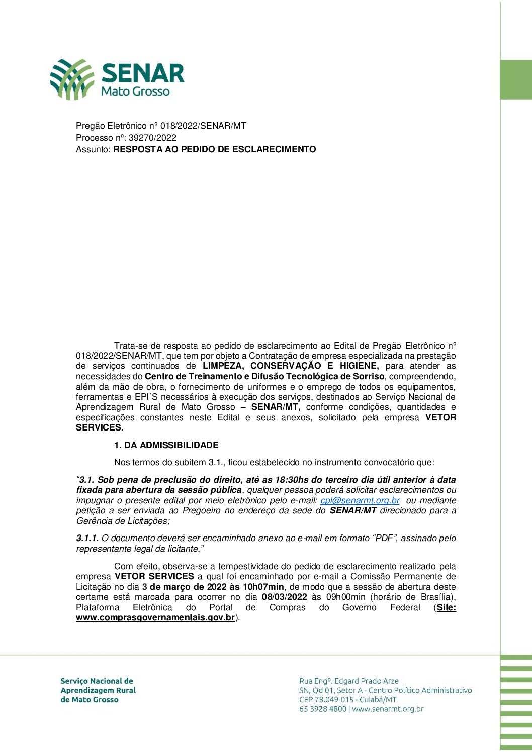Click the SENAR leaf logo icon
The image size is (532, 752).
point(72,79)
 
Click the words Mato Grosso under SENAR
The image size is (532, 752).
point(135,92)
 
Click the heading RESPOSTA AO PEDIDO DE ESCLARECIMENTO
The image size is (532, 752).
point(215,149)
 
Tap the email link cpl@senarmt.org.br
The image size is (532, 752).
point(360,500)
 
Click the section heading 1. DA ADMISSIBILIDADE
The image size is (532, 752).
point(166,445)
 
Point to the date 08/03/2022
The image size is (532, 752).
point(284,597)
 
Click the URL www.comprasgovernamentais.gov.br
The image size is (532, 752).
point(155,618)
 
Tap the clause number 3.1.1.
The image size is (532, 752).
point(87,538)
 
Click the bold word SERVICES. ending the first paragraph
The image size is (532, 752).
point(100,427)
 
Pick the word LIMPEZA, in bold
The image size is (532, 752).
point(223,366)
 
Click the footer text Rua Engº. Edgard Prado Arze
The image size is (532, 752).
point(349,681)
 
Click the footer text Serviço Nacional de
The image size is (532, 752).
point(97,681)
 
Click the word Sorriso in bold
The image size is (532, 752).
point(369,376)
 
